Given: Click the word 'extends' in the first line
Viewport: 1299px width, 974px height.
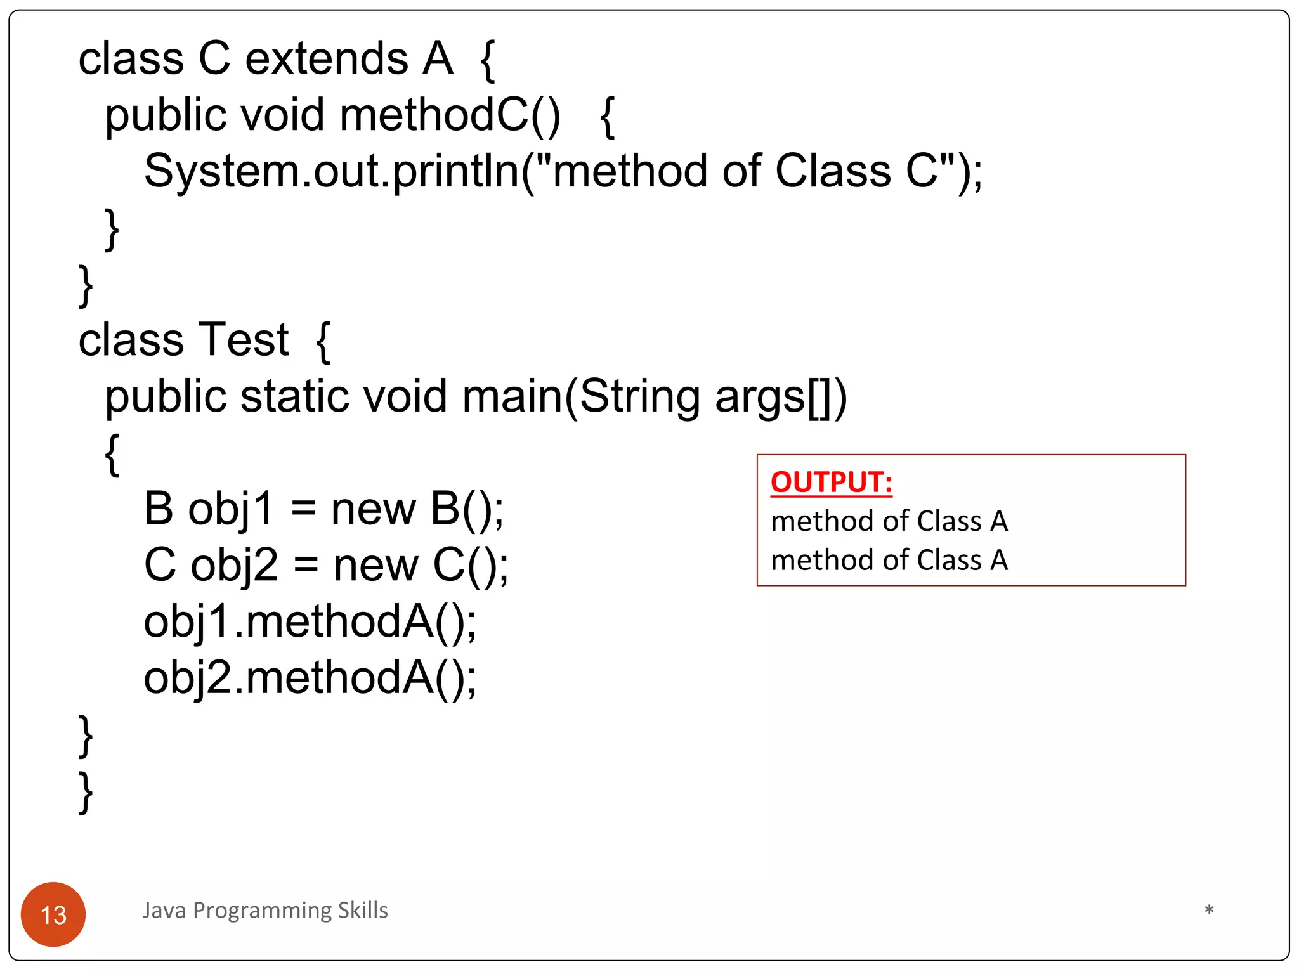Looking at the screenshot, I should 327,59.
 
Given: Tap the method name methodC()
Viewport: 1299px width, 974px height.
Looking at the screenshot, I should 450,115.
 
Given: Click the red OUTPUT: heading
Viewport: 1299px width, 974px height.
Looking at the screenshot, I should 831,482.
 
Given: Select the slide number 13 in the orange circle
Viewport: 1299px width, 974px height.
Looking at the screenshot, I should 53,914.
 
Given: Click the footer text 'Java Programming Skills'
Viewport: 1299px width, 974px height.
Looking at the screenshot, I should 265,910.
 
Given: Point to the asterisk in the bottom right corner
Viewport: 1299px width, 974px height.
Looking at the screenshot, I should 1209,911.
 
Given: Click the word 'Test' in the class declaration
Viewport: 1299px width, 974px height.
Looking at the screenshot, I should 244,340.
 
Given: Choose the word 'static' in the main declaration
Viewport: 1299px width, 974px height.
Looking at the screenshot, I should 295,396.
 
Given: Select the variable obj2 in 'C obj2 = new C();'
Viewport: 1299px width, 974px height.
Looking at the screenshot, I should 234,565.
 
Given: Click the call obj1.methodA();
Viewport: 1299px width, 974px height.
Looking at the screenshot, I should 310,621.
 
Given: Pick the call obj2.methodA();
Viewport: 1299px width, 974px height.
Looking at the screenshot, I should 310,678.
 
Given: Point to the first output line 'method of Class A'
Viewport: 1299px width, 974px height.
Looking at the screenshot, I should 889,521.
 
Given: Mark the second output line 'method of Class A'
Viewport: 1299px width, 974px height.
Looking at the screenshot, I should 889,561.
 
